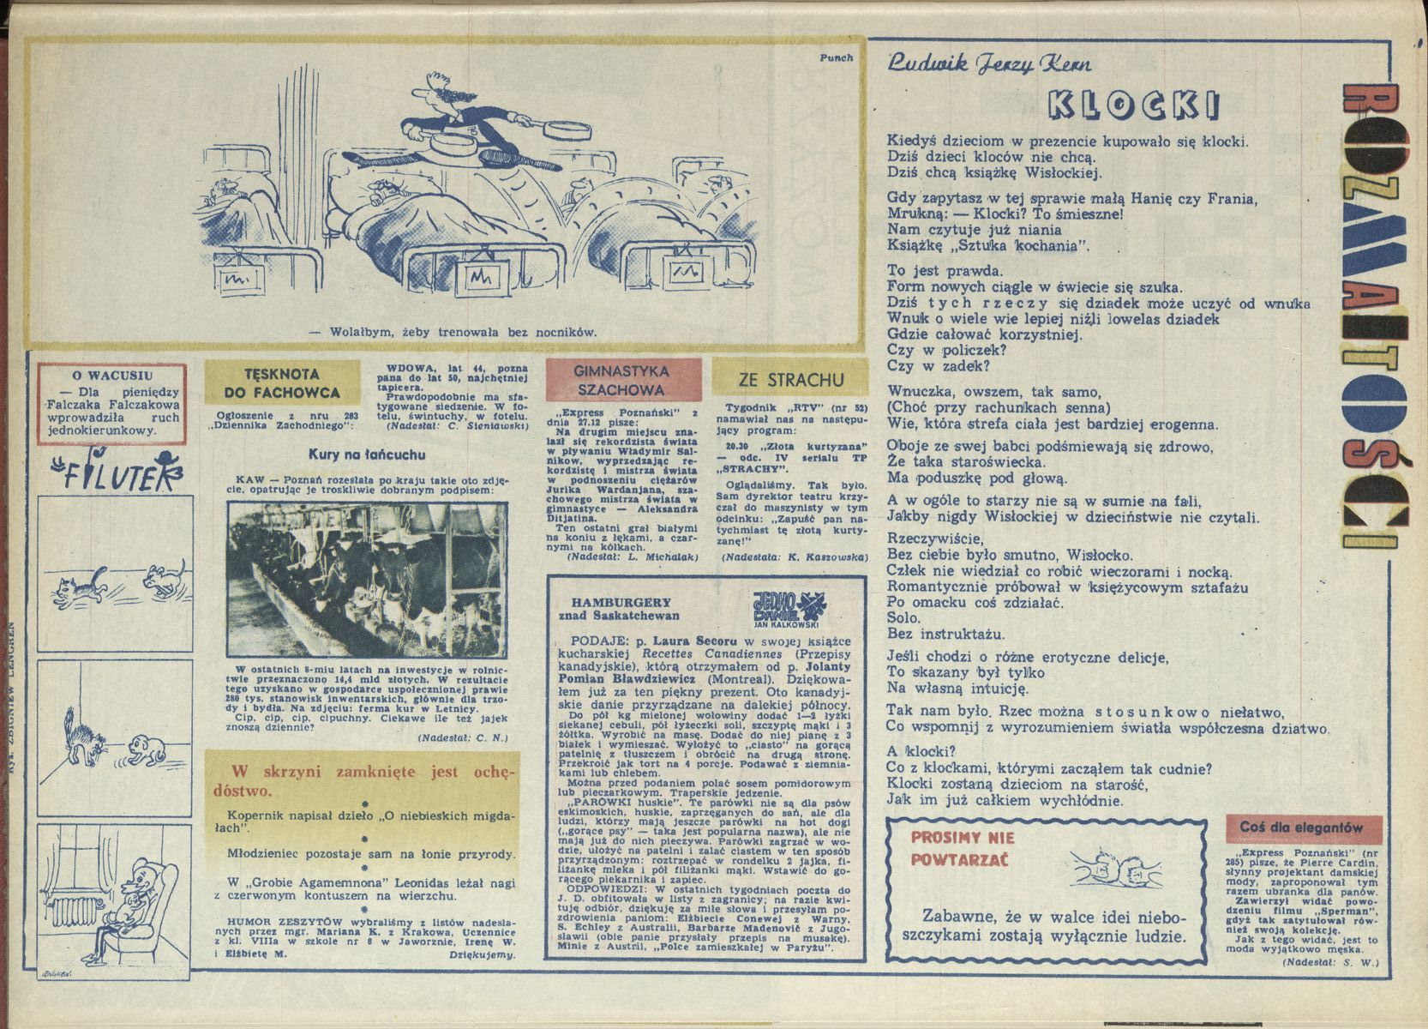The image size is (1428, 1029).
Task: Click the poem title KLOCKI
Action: click(x=1132, y=105)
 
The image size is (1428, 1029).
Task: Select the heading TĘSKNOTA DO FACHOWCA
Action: click(x=281, y=383)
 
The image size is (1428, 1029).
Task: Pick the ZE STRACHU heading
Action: click(x=790, y=379)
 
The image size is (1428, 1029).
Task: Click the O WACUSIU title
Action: click(x=112, y=375)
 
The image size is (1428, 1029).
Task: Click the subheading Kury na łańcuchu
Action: click(x=367, y=454)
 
